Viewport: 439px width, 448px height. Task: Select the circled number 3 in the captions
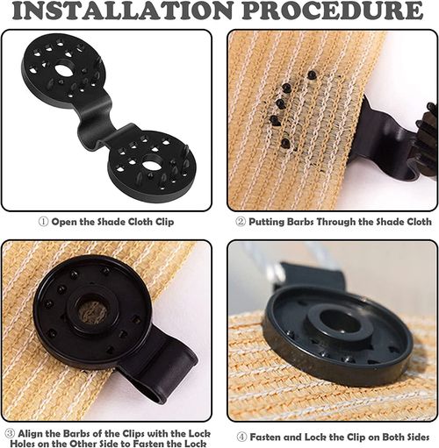(x=9, y=432)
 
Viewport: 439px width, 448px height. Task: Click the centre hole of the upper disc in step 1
(x=67, y=68)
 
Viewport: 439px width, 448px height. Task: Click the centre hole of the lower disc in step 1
(x=151, y=164)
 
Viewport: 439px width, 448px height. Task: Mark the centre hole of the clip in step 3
(x=92, y=312)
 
